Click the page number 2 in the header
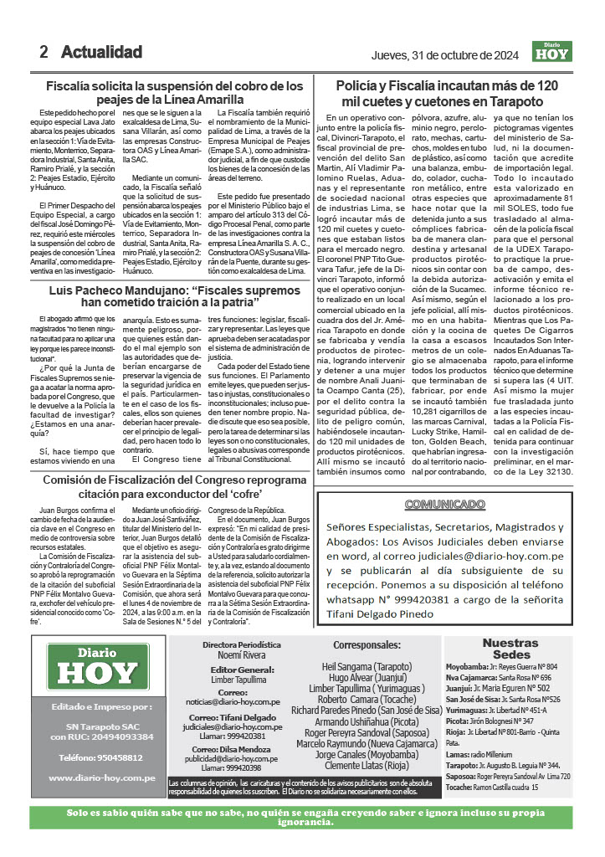point(44,52)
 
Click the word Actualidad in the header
point(101,52)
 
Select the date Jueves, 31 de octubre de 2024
point(447,55)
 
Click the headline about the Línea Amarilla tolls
point(174,92)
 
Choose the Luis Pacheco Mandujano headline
point(174,295)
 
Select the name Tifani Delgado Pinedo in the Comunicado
point(382,613)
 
